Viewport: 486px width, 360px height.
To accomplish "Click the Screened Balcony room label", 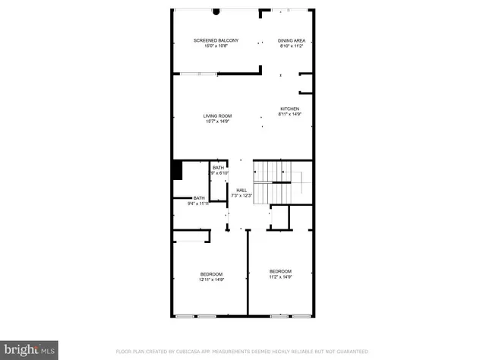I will click(216, 40).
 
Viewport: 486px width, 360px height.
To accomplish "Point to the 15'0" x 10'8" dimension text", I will click(216, 46).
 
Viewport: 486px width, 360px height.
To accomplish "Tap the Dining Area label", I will click(291, 40).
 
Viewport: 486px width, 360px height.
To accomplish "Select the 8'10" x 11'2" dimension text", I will click(291, 46).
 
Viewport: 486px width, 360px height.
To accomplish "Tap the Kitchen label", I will click(290, 109).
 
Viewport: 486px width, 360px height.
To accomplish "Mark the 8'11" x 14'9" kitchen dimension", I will click(290, 115).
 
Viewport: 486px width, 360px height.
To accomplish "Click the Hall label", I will click(241, 190).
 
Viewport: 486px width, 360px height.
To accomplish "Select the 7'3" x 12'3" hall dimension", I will click(241, 196).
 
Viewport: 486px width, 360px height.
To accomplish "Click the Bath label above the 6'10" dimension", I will click(218, 168).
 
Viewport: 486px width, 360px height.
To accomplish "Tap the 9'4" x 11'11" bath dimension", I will click(199, 204).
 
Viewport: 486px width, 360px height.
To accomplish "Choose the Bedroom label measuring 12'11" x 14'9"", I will click(211, 273).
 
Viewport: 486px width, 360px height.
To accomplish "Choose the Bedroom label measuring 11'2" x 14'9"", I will click(280, 271).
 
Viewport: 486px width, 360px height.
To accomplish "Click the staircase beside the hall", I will click(272, 183).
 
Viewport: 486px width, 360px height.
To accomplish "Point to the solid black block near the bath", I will click(177, 170).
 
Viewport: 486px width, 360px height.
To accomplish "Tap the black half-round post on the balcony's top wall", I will click(216, 11).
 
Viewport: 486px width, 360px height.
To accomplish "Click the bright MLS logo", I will click(30, 349).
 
